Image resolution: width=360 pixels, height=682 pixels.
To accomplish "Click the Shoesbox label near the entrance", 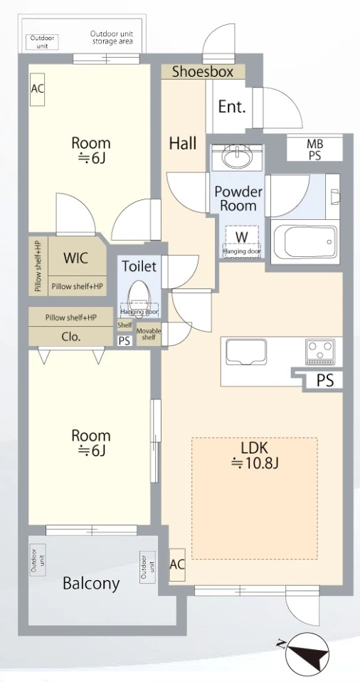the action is [203, 72].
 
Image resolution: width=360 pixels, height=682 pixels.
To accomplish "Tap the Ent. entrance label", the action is [232, 107].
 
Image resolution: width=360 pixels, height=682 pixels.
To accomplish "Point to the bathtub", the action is [305, 241].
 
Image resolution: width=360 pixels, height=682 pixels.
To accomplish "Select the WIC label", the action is [76, 258].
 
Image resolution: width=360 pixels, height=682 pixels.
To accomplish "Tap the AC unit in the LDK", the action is [177, 564].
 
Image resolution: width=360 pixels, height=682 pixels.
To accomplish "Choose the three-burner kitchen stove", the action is [320, 351].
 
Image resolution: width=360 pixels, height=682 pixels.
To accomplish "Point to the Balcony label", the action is [91, 583].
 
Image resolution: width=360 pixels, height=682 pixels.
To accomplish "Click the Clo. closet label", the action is [71, 337].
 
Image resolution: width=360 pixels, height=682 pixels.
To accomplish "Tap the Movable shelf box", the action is [149, 334].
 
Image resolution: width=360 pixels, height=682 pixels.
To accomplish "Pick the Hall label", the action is [183, 142].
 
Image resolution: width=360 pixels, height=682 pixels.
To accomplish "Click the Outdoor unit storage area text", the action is [112, 38].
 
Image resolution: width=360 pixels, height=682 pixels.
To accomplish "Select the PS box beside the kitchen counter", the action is [324, 381].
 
